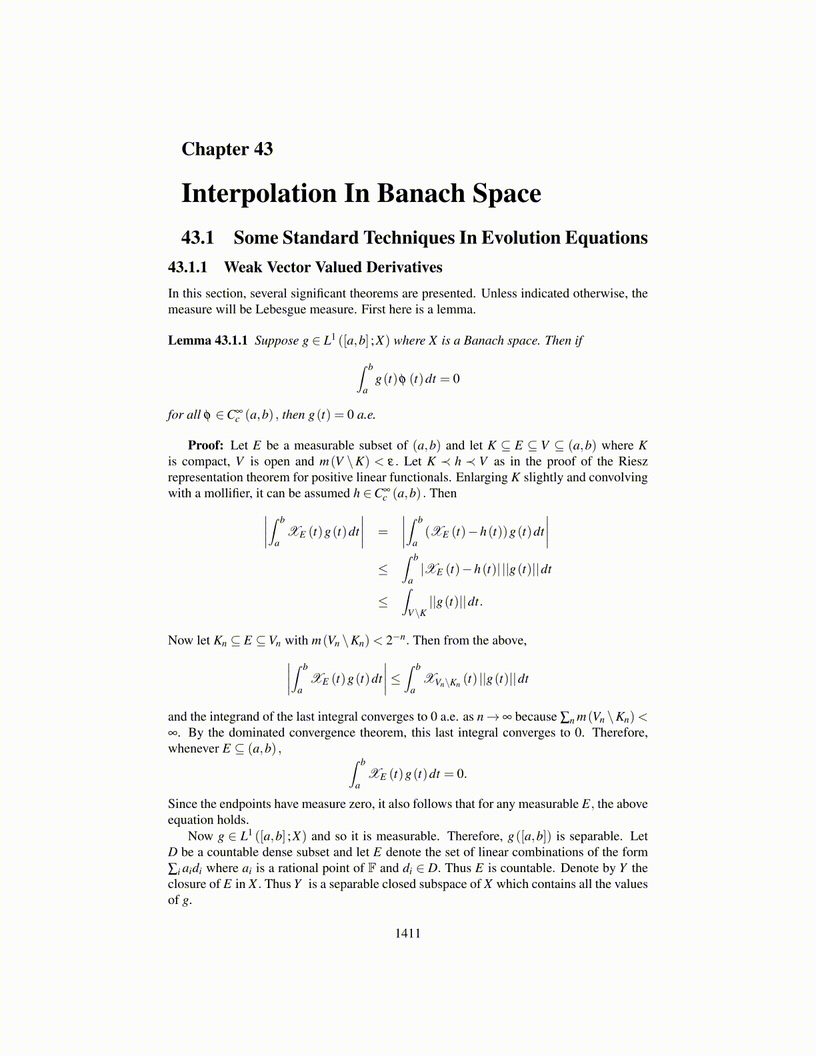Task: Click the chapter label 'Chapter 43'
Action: click(x=227, y=149)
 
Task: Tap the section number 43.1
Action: click(x=197, y=238)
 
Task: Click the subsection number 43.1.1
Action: click(x=187, y=267)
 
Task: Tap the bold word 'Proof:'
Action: click(x=205, y=445)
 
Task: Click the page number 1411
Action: click(x=407, y=933)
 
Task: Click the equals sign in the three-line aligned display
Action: click(x=383, y=532)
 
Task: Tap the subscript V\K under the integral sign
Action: click(x=417, y=613)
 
